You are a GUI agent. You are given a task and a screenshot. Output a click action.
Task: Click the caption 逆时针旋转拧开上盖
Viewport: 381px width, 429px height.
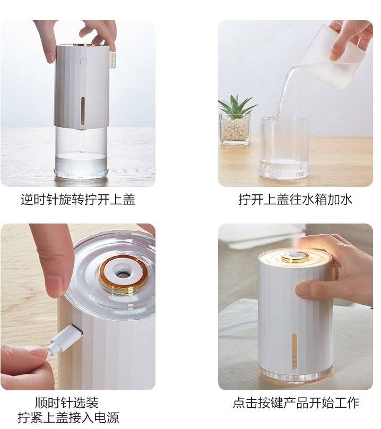coord(78,200)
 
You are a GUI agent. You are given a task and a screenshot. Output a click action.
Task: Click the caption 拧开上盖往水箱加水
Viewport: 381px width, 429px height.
coord(296,200)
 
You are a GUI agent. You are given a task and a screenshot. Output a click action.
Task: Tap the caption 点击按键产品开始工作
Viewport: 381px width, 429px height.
coord(296,403)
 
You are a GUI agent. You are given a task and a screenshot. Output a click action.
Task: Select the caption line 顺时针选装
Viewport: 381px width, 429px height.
coord(67,403)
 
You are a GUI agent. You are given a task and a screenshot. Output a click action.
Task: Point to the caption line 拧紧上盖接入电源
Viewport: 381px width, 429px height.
coord(68,418)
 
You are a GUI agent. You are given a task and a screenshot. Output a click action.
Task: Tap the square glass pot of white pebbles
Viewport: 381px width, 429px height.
coord(235,129)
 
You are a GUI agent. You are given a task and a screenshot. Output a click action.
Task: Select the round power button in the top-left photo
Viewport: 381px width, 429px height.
coord(83,61)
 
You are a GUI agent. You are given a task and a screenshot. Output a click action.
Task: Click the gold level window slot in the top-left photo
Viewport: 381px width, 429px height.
coord(83,109)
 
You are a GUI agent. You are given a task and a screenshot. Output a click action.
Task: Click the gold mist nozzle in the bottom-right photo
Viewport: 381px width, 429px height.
coord(295,257)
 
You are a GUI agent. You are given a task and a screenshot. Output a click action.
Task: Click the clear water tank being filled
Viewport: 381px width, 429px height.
coord(284,148)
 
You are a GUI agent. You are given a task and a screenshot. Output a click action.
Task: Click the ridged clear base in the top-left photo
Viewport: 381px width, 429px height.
coord(81,173)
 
